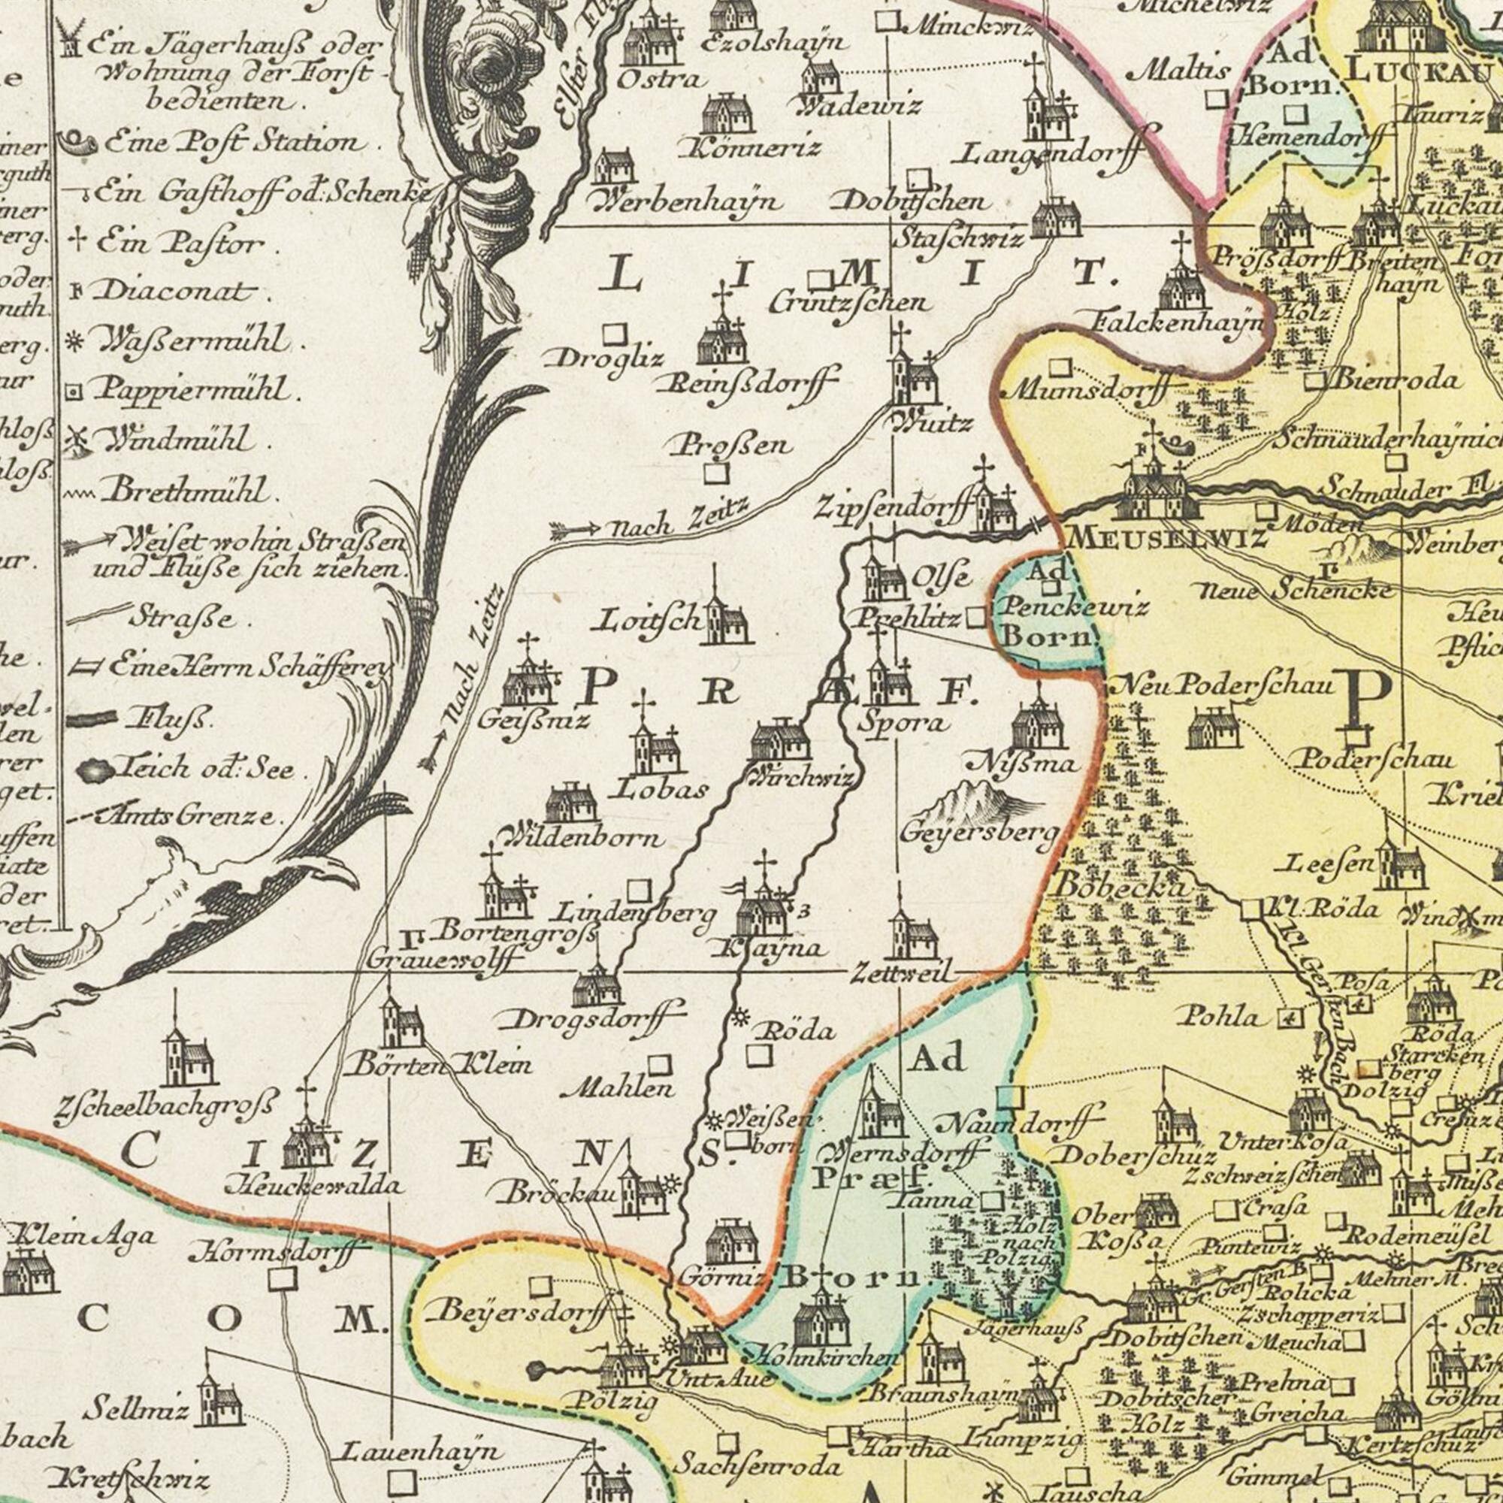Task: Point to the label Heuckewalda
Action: [x=314, y=1187]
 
